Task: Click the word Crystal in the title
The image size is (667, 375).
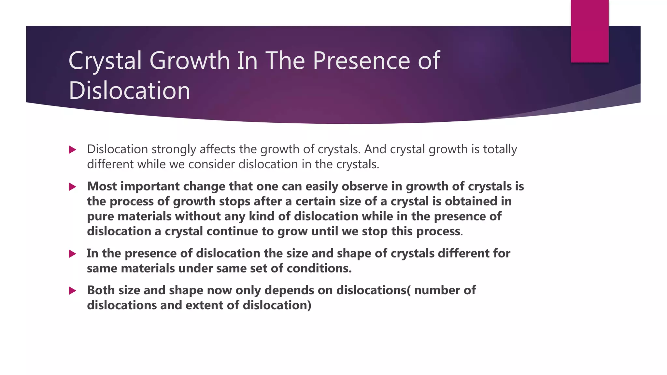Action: tap(105, 61)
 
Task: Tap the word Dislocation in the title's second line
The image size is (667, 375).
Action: tap(129, 90)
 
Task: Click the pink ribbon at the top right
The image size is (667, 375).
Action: tap(589, 31)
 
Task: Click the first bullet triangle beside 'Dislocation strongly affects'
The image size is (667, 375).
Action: tap(73, 150)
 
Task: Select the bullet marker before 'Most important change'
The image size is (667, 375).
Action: tap(73, 187)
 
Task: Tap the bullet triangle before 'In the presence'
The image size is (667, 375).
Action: tap(73, 254)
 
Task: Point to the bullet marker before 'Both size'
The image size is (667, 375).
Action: tap(73, 291)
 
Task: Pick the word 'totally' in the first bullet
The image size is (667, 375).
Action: tap(500, 149)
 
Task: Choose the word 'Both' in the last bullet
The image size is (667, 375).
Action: tap(101, 290)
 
